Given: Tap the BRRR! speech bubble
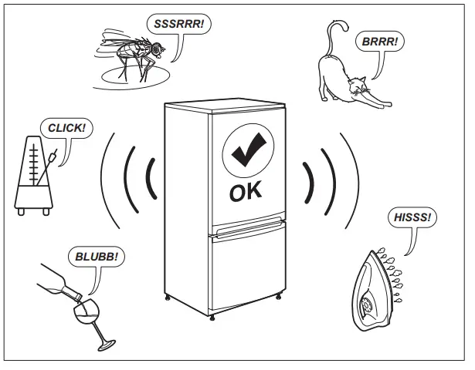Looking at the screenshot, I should click(x=378, y=41).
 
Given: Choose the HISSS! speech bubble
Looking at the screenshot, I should click(x=412, y=217).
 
